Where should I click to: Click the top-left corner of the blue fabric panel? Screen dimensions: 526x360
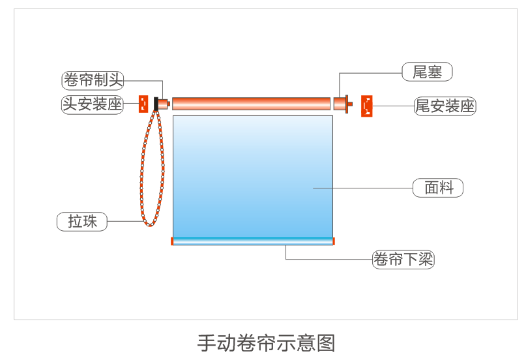point(173,116)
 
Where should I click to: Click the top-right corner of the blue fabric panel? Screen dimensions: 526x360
point(333,116)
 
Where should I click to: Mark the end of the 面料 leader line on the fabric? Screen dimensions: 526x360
point(314,188)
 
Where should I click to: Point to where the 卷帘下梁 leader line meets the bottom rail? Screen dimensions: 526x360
point(285,245)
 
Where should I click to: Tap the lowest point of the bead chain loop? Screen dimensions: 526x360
point(150,226)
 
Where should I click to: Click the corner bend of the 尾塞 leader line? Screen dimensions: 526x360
point(340,73)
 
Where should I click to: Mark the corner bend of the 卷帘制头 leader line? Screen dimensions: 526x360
point(163,81)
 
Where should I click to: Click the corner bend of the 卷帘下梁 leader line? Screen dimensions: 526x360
point(285,260)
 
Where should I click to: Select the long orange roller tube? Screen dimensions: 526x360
point(251,104)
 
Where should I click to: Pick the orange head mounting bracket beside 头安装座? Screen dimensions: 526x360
point(143,104)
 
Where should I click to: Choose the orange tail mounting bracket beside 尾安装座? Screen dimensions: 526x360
point(367,106)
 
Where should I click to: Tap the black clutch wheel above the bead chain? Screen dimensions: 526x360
point(156,104)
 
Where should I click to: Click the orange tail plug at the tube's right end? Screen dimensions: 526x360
point(343,104)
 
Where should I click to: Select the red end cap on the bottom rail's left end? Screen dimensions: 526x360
point(172,241)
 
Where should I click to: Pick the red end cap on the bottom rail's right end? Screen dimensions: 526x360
point(334,241)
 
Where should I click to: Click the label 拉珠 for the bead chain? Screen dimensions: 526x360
point(82,222)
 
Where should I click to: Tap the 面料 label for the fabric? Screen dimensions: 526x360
point(438,188)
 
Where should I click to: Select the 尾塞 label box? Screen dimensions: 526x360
point(427,72)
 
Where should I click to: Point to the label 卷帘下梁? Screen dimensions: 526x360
point(403,260)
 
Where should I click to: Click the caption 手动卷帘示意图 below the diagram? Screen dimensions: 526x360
point(266,343)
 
